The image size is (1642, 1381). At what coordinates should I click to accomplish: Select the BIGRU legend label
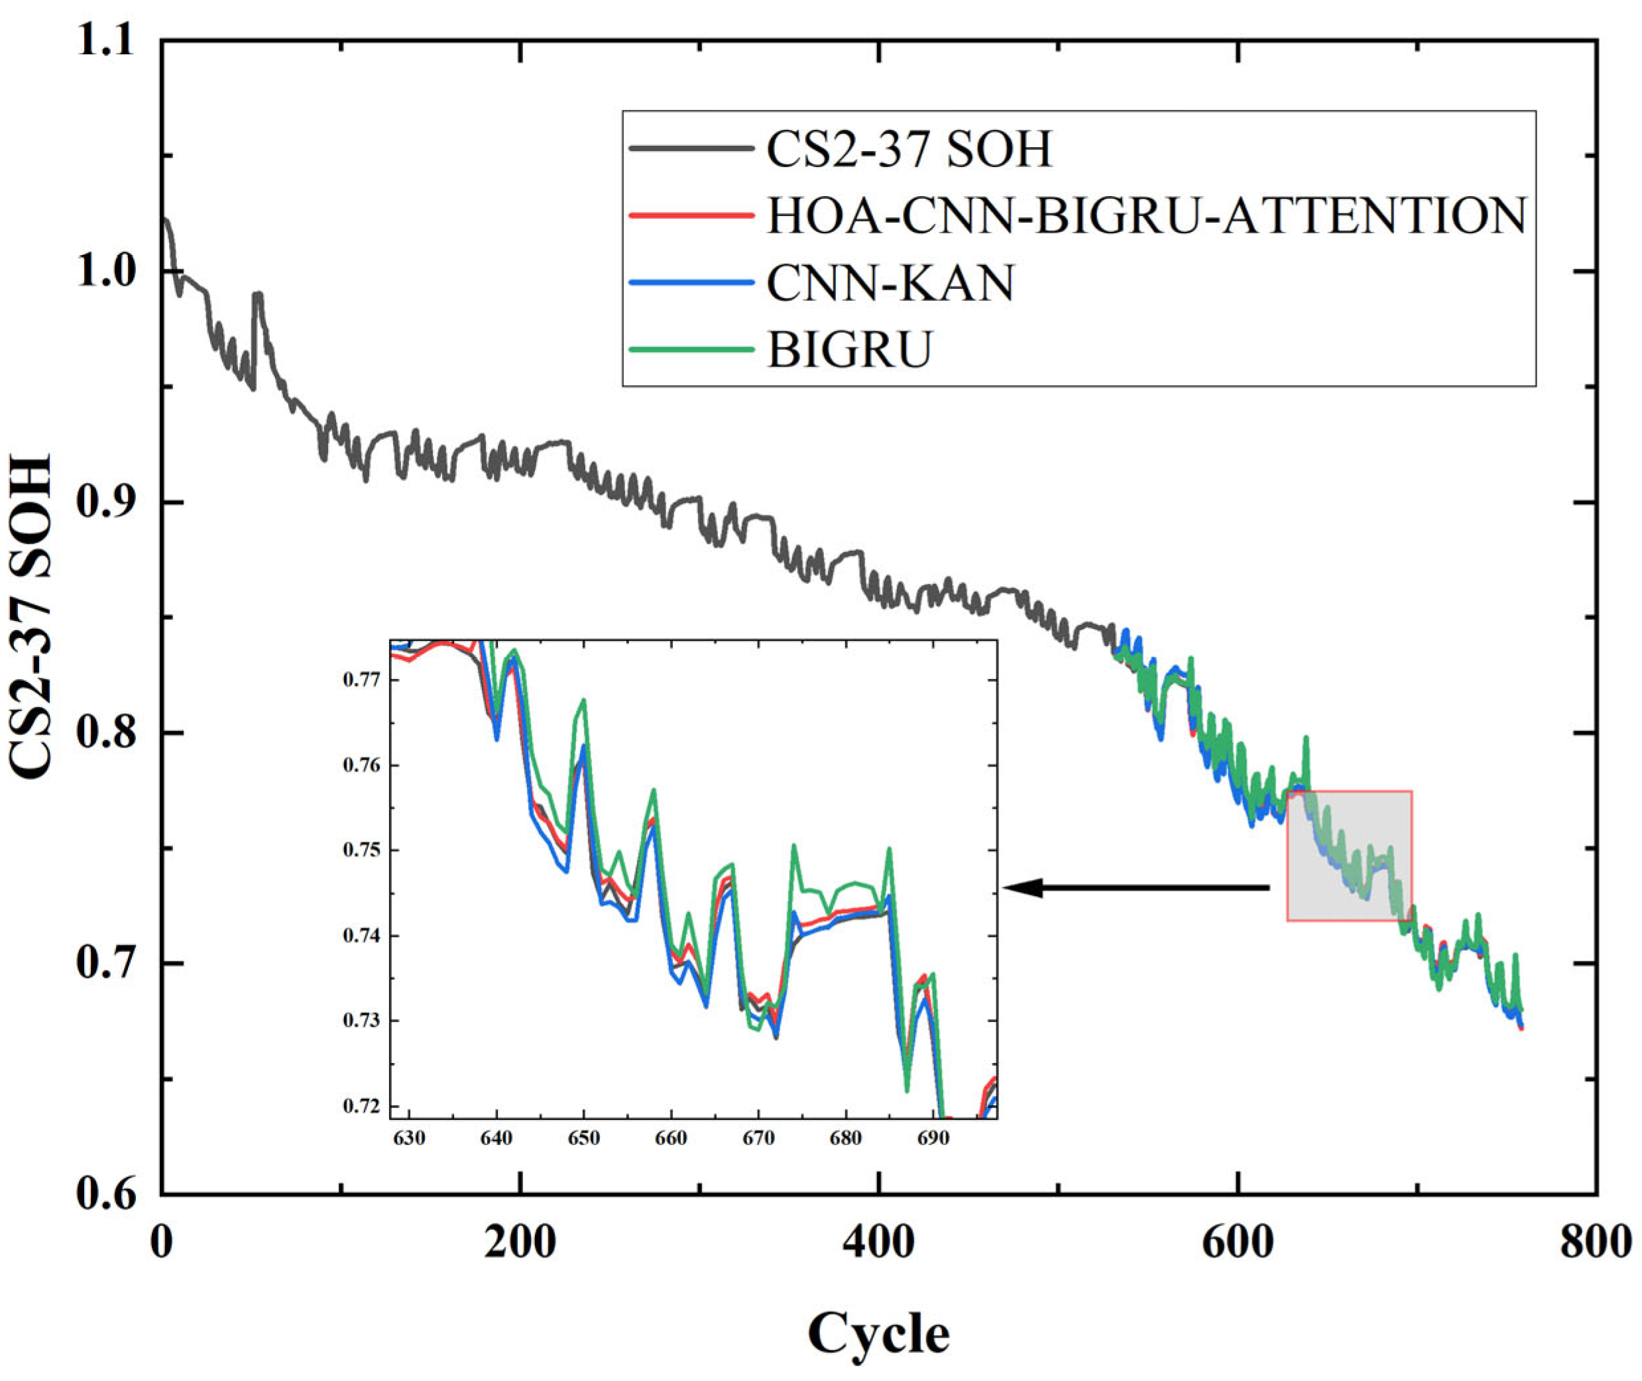point(850,349)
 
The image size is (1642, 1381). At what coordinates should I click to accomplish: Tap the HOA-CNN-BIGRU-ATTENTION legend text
point(1146,215)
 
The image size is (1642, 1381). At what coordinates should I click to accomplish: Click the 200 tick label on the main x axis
point(519,1242)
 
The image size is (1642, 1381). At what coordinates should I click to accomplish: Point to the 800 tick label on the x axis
point(1594,1242)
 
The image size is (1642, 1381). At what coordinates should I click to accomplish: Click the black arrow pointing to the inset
point(1136,888)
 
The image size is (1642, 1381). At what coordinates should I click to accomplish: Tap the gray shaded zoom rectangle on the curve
point(1349,856)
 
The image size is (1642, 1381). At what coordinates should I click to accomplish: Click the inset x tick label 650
point(583,1138)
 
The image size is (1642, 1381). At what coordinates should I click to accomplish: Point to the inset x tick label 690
point(933,1138)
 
